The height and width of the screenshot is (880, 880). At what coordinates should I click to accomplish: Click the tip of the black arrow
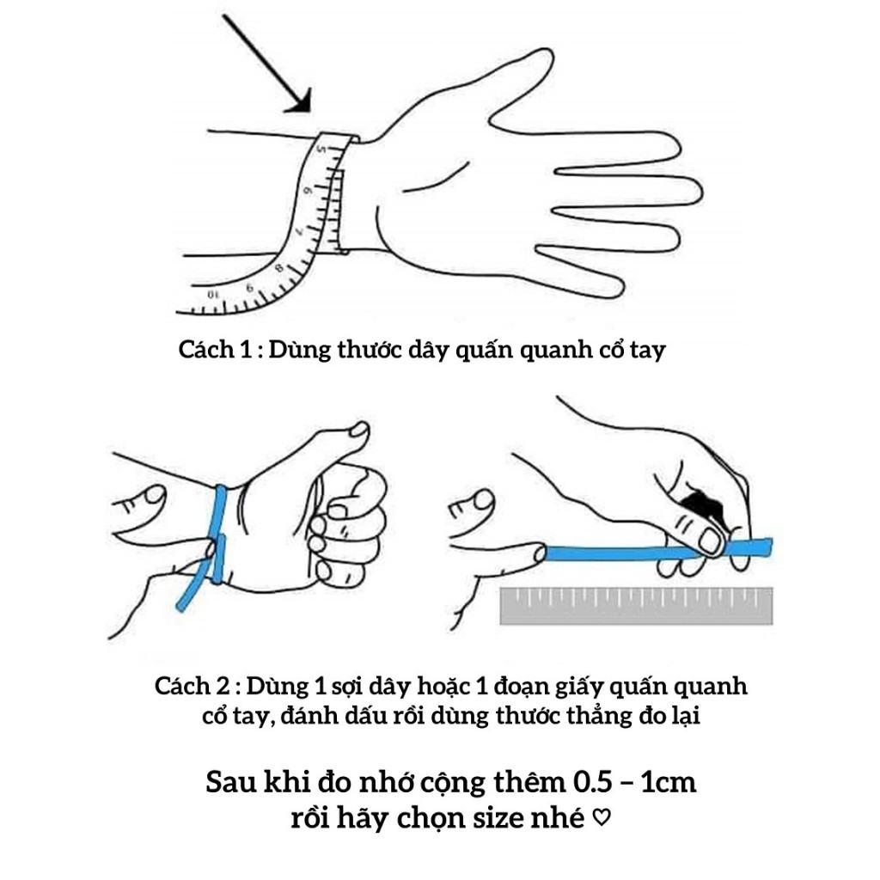307,109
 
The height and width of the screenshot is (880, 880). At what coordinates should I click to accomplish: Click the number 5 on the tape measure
322,150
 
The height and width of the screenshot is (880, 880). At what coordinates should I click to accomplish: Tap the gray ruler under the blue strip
636,605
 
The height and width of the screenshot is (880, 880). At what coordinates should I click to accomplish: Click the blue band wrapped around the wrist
220,533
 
